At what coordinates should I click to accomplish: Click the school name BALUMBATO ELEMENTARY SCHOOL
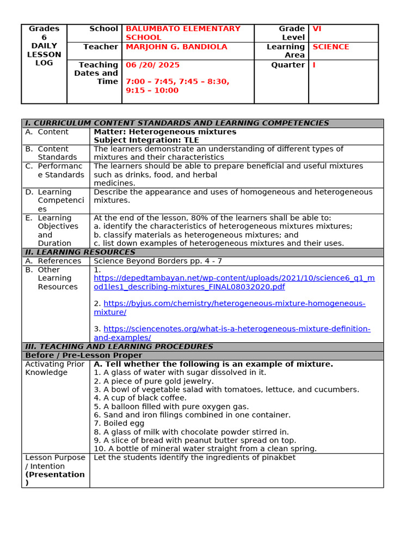tap(183, 33)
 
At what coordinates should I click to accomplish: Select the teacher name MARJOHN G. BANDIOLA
tap(176, 47)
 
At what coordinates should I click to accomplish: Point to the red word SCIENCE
tap(331, 47)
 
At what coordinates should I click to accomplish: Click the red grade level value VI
tap(317, 28)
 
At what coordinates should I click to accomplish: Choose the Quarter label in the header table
tap(288, 65)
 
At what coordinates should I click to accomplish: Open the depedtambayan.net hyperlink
tap(234, 282)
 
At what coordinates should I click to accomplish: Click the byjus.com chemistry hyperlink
tap(234, 304)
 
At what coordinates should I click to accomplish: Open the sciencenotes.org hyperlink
tap(237, 329)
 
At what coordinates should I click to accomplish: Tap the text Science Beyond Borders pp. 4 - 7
tap(158, 261)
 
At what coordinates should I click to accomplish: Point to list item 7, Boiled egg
tap(119, 423)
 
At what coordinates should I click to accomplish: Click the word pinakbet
tap(279, 458)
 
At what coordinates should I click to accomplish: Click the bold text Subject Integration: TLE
tap(146, 140)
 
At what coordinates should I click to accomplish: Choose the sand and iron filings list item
tap(192, 415)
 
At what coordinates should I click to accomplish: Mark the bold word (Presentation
tap(55, 474)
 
